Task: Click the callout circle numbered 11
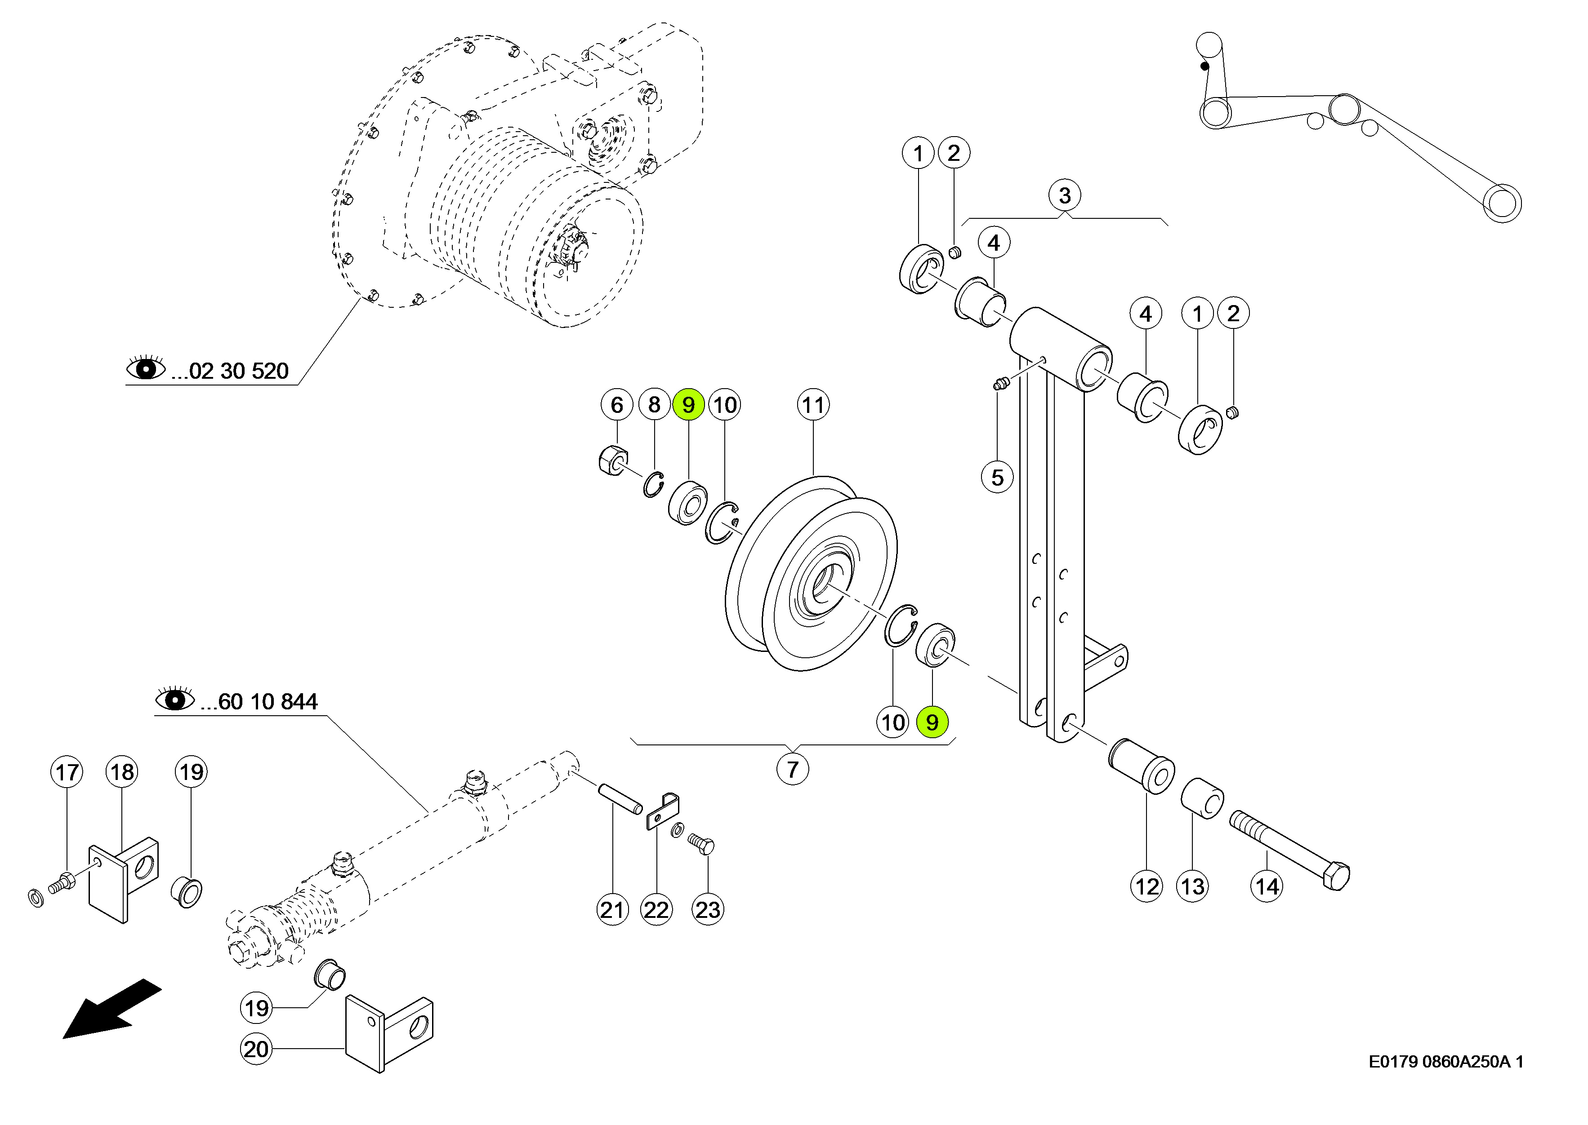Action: click(813, 404)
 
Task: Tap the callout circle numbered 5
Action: click(997, 477)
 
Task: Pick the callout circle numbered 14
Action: click(1267, 887)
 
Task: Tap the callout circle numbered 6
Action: click(617, 404)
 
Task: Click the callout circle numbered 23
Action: click(708, 909)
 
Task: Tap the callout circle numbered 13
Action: click(1192, 887)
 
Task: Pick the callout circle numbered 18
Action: click(122, 772)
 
